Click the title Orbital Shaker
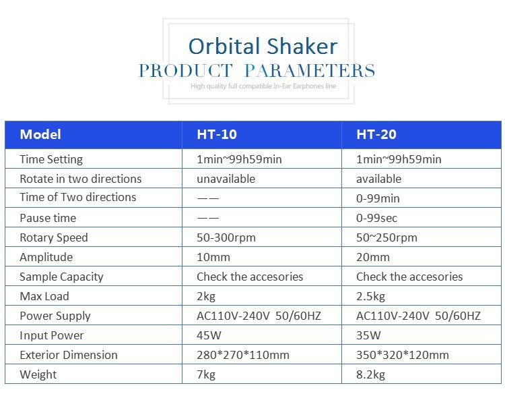click(x=263, y=46)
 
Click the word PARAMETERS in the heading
click(x=310, y=70)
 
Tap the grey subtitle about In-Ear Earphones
click(x=263, y=86)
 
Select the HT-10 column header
click(x=217, y=134)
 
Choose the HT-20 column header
click(x=376, y=134)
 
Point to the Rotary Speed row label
click(x=54, y=238)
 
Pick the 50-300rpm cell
click(x=226, y=238)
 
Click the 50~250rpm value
click(x=386, y=238)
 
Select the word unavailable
click(x=226, y=179)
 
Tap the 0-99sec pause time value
click(x=376, y=218)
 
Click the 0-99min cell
click(x=378, y=198)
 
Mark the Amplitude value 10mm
click(x=213, y=258)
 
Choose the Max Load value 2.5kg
click(x=370, y=297)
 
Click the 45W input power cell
click(x=209, y=335)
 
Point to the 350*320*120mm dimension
click(x=402, y=355)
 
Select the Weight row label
click(x=38, y=374)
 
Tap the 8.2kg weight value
click(x=370, y=374)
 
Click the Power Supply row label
click(x=55, y=316)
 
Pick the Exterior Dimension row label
click(x=69, y=355)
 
